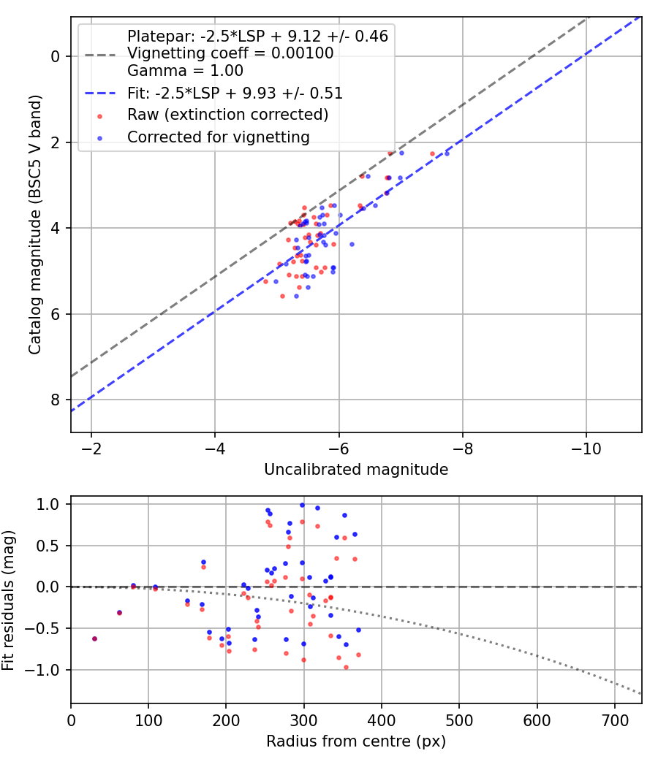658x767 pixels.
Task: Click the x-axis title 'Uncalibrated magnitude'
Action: click(356, 470)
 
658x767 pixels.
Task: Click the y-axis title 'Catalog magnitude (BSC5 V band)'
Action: click(35, 224)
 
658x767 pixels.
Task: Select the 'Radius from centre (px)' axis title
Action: click(356, 741)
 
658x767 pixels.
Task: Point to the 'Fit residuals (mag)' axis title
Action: click(8, 600)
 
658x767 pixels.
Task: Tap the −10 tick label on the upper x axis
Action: click(586, 449)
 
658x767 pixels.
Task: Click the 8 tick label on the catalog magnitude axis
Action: click(55, 400)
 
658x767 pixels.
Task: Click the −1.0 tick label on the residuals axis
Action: click(46, 670)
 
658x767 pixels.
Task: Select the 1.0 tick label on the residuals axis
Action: click(48, 504)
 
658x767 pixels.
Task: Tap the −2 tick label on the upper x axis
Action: click(91, 449)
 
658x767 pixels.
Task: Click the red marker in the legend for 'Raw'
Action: click(100, 116)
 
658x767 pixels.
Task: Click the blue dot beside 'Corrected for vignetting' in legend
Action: click(100, 139)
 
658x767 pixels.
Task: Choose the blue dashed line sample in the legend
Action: click(100, 93)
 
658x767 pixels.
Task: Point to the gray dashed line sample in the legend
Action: click(100, 55)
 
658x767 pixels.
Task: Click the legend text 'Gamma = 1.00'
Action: click(185, 70)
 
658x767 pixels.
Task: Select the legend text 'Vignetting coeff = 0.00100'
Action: click(230, 53)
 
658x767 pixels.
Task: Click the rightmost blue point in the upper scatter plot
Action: click(447, 153)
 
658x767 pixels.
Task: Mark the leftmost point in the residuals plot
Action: click(94, 639)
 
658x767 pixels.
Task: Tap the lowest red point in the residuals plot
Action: click(346, 667)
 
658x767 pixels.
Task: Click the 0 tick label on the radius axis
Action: click(71, 720)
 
